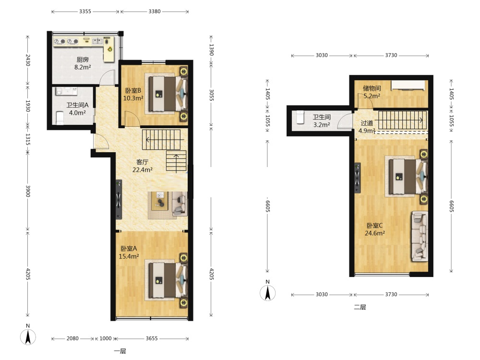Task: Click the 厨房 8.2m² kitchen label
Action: (83, 63)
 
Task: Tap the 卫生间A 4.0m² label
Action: (77, 108)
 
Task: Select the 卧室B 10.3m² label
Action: (133, 94)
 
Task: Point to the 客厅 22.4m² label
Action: (143, 166)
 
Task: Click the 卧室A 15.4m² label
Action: (129, 252)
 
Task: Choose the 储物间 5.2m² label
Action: (372, 92)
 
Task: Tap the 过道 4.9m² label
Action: (367, 127)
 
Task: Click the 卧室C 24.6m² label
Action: (375, 229)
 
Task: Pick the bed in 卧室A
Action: (168, 281)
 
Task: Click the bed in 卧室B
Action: (168, 94)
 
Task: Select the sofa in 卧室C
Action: (419, 236)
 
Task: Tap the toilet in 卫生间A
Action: (60, 118)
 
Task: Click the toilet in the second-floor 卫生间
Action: (300, 117)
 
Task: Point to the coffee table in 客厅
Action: (159, 201)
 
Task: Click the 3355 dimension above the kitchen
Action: (85, 12)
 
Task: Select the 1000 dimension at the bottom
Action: (105, 338)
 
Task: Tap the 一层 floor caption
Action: (120, 351)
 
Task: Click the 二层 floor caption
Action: (360, 307)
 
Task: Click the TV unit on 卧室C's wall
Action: (357, 178)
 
